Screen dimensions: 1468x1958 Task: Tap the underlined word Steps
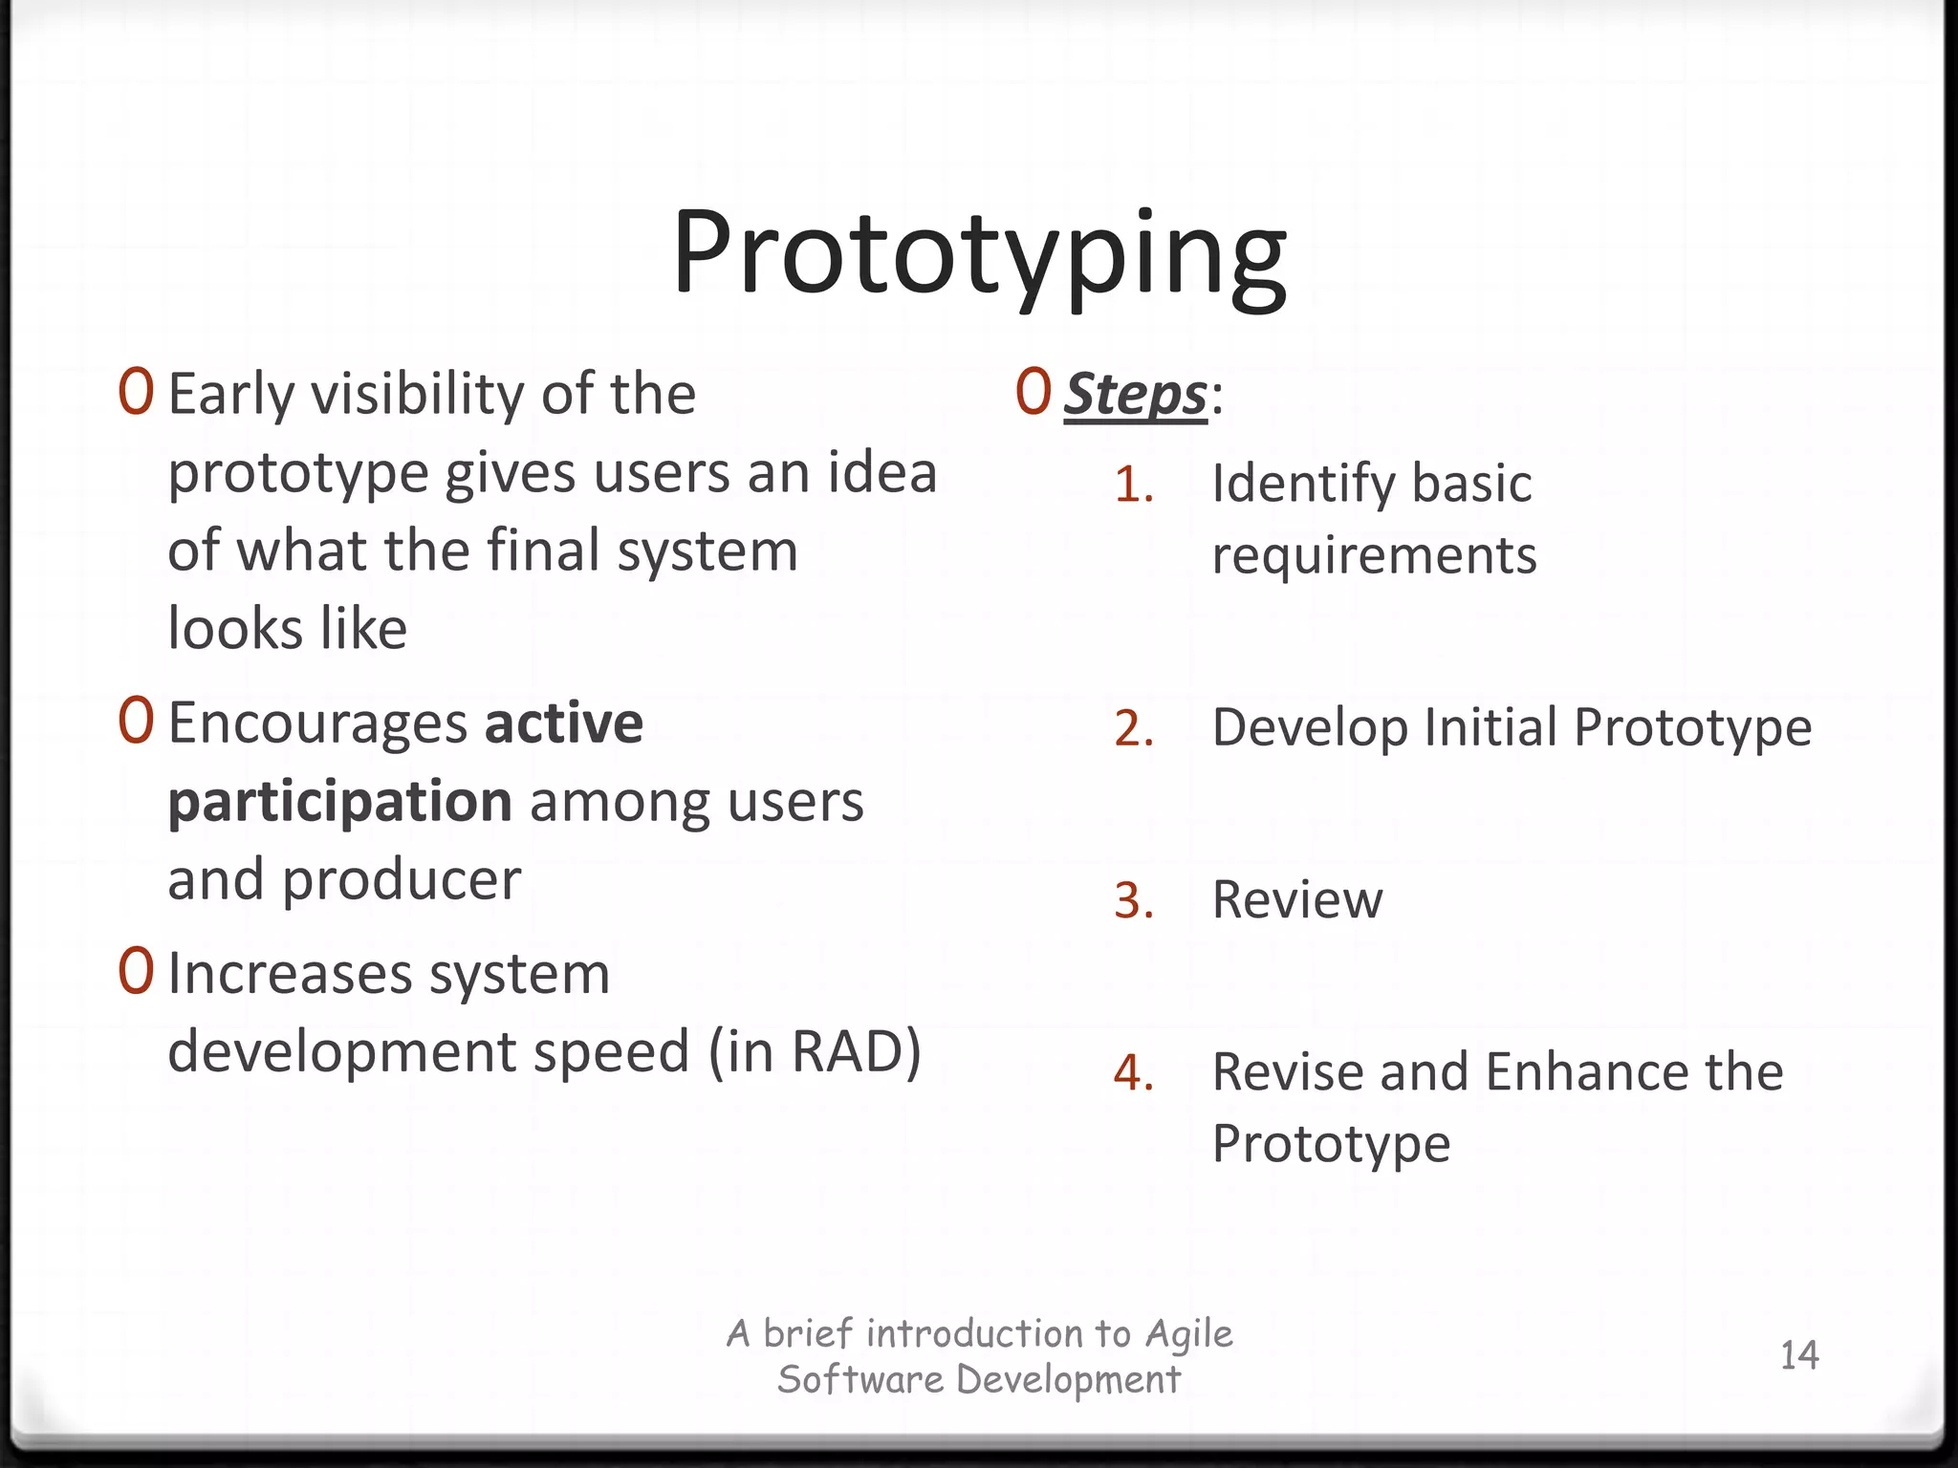1135,394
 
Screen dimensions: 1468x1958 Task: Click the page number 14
1798,1355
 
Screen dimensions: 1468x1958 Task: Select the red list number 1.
1134,485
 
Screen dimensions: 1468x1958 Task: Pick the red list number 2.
1134,729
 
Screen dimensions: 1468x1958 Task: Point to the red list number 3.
1134,901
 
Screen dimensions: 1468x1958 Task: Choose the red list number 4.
1134,1073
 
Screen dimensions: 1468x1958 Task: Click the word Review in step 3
1296,900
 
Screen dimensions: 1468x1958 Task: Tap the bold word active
563,723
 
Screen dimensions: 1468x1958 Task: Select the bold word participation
339,803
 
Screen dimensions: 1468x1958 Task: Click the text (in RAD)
815,1051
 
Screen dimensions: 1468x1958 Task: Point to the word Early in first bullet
230,395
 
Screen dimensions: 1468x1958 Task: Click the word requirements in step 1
1374,556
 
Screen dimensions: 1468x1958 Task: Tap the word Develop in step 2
1310,728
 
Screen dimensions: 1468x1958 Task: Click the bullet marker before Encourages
136,721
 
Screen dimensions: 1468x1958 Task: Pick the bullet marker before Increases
136,971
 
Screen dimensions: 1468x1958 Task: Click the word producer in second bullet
402,881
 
